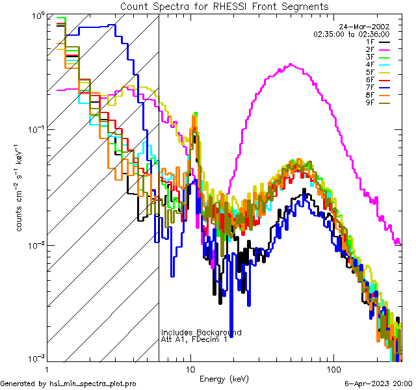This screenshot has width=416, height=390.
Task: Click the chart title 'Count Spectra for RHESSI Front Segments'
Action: tap(224, 6)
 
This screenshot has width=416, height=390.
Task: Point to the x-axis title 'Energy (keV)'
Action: tap(224, 378)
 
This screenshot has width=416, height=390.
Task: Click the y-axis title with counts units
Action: tap(21, 188)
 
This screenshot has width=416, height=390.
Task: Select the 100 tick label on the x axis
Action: tap(333, 369)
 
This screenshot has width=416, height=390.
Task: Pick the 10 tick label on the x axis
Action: tap(190, 369)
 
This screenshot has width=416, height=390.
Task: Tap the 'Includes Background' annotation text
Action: tap(201, 333)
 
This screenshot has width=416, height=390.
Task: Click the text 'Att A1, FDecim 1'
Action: tap(194, 340)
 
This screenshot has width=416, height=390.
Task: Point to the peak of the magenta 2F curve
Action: tap(291, 64)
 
